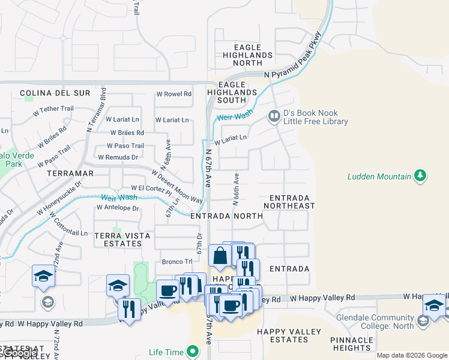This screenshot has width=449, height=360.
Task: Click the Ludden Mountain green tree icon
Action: click(x=421, y=176)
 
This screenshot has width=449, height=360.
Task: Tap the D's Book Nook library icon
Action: click(x=274, y=115)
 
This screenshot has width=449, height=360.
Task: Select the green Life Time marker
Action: click(x=193, y=351)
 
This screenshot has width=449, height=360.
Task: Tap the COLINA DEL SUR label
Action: click(x=55, y=93)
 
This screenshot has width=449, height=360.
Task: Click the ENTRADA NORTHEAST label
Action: click(x=292, y=202)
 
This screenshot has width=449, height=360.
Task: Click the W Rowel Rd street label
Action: click(x=173, y=94)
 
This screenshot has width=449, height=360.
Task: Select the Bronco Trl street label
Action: click(x=177, y=262)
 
